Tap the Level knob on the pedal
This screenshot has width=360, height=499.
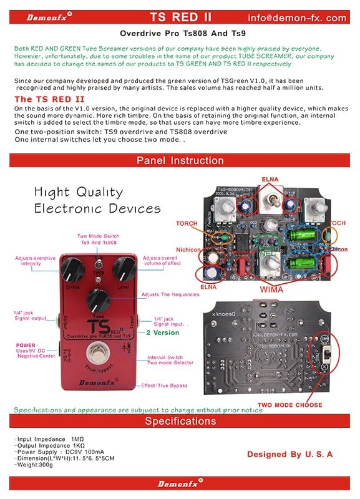pyautogui.click(x=126, y=269)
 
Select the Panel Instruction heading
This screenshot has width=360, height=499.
pyautogui.click(x=179, y=160)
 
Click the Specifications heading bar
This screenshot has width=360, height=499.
pyautogui.click(x=180, y=421)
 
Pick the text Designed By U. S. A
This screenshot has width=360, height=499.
pyautogui.click(x=289, y=454)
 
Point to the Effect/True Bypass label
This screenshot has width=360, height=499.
pyautogui.click(x=164, y=385)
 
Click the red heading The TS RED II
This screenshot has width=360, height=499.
pyautogui.click(x=49, y=99)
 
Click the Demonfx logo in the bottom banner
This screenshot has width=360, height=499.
pyautogui.click(x=180, y=483)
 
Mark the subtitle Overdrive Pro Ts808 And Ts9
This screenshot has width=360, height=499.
pyautogui.click(x=180, y=36)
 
